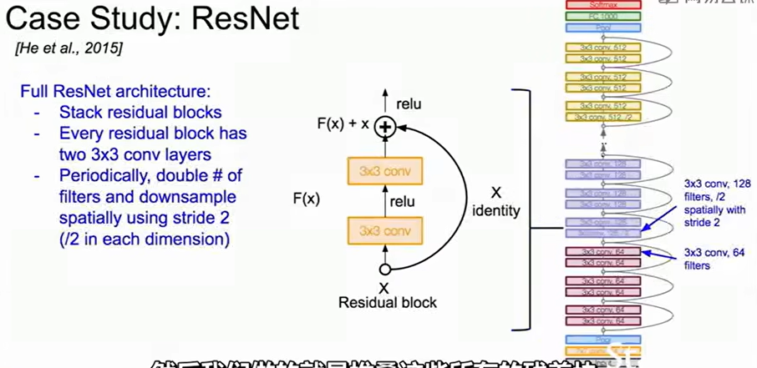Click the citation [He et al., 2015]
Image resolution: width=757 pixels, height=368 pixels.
[69, 48]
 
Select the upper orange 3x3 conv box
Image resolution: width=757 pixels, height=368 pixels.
[386, 172]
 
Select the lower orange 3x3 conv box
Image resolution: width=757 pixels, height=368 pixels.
[386, 229]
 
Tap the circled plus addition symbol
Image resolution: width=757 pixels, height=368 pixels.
[384, 127]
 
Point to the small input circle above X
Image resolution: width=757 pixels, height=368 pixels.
[384, 270]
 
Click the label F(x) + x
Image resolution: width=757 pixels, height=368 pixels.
[341, 124]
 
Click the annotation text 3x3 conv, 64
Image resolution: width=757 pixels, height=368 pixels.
[712, 252]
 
